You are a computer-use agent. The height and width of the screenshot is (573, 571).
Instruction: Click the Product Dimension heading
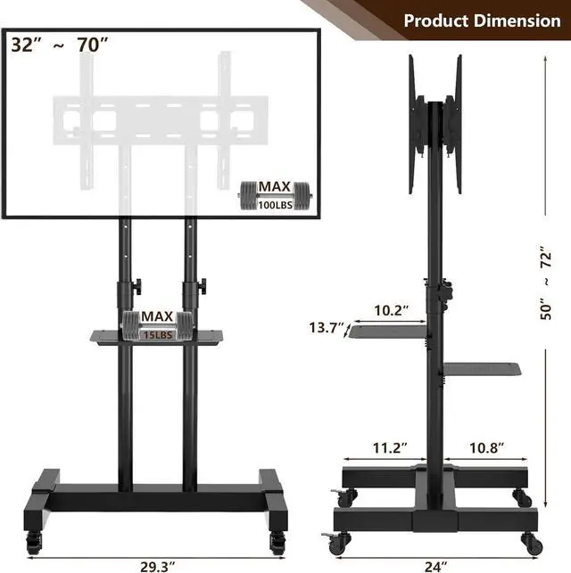(x=482, y=20)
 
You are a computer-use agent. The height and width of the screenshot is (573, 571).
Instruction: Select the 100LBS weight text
(x=275, y=204)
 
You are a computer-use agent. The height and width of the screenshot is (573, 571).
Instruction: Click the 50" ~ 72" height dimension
(x=551, y=283)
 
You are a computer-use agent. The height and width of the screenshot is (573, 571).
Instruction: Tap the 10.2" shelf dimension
(x=392, y=311)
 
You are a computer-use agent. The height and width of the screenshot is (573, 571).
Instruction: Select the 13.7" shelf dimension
(x=327, y=328)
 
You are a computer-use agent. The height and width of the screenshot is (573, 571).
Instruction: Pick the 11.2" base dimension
(x=388, y=446)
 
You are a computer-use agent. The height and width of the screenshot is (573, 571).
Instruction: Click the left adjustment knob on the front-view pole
(x=136, y=287)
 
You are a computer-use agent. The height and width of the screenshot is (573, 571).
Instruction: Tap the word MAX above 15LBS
(x=157, y=316)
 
